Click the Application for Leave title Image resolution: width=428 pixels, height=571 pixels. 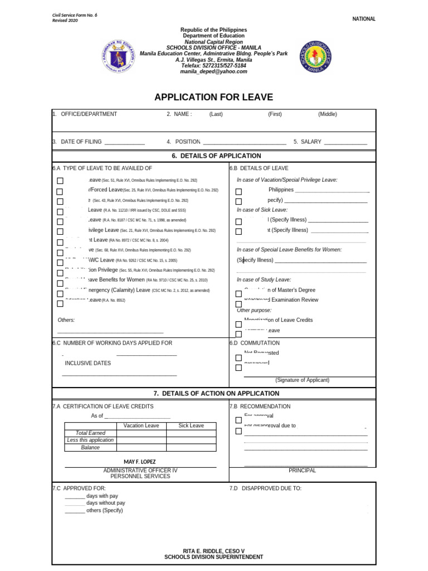pos(214,98)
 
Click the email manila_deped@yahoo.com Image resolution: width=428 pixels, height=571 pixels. pos(213,72)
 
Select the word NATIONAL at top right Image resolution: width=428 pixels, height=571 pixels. pos(364,19)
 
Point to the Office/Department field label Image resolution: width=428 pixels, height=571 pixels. pos(89,114)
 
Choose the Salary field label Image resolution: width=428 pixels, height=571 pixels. pos(311,142)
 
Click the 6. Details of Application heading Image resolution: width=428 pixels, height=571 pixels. pos(214,156)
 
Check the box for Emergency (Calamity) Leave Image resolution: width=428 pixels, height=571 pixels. pos(60,293)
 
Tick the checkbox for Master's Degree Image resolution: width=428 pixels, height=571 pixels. pos(239,294)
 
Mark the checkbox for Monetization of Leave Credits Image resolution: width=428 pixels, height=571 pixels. pos(239,324)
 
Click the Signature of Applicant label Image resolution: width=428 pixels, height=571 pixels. pos(302,380)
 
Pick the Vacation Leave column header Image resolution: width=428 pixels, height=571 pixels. pos(141,426)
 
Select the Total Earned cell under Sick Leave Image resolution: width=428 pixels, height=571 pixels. pos(191,433)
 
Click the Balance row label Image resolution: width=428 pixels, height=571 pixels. pos(90,448)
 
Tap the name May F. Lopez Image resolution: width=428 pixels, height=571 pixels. pos(140,462)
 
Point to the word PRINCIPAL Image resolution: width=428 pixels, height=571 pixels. pos(302,471)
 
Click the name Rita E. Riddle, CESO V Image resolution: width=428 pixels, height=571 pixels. pos(214,550)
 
